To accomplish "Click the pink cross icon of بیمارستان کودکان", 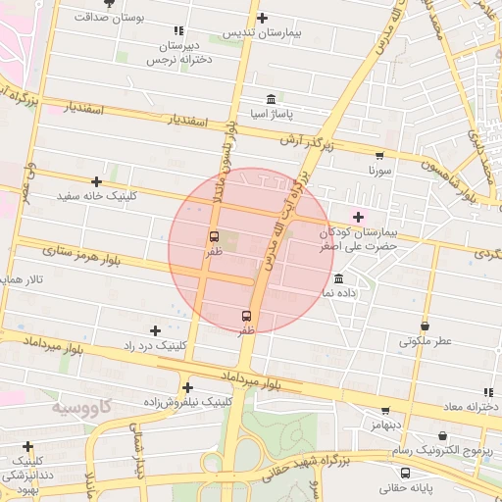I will coord(358,217).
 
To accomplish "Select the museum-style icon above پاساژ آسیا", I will coord(271,98).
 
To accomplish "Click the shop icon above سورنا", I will coord(379,155).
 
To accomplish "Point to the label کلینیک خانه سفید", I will coord(96,196).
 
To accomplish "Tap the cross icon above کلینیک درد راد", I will coord(155,330).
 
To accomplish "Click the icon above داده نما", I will coord(338,278).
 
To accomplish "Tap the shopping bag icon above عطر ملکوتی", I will coord(425,326).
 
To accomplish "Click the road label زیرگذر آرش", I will coord(302,141).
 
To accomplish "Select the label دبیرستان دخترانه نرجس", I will coord(179,53).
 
